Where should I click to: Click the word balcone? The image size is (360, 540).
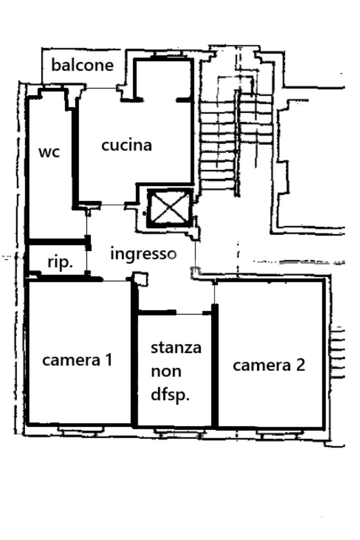[x=82, y=65]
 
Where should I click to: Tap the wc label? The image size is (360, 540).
[x=49, y=152]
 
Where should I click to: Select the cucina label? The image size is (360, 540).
[x=127, y=145]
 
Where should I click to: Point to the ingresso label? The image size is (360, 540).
[x=143, y=253]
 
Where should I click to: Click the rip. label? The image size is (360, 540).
[x=60, y=262]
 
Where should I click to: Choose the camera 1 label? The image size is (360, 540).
[x=77, y=360]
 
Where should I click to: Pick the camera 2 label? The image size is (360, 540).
[x=269, y=365]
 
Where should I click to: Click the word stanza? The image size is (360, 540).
[x=176, y=348]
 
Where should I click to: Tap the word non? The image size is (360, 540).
[x=166, y=371]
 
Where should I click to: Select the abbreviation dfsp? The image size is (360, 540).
[x=170, y=395]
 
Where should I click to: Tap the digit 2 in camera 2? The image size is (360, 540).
[x=299, y=365]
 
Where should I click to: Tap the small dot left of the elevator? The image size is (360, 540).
[x=144, y=213]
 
